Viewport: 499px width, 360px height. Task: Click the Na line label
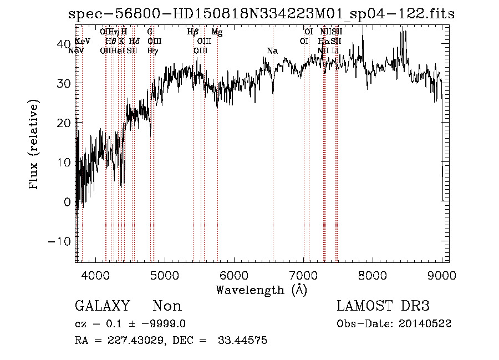[272, 51]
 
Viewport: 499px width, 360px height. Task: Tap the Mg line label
[217, 32]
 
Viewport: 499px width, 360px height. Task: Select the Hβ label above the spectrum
[193, 32]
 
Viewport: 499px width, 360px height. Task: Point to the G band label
[150, 32]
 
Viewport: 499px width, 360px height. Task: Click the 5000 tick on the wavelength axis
[164, 274]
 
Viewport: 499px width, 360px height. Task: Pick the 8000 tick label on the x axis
[373, 274]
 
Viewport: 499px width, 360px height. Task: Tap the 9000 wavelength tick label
[442, 274]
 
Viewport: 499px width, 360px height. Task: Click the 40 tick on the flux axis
[65, 43]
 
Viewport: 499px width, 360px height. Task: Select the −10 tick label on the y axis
[60, 241]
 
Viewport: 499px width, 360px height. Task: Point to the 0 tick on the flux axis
[68, 202]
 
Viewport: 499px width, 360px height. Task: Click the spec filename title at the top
[261, 14]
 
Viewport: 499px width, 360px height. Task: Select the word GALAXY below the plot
[102, 306]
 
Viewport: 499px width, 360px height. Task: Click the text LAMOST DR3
[383, 306]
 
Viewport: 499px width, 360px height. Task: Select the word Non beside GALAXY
[167, 306]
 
